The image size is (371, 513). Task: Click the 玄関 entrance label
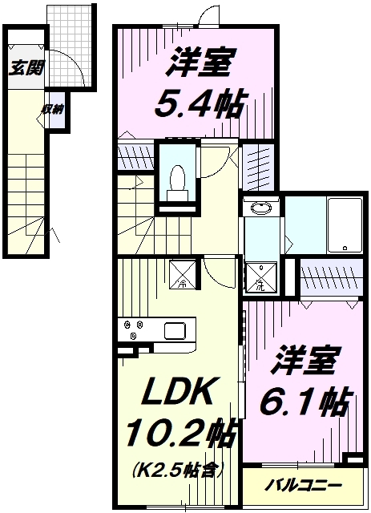(x=26, y=67)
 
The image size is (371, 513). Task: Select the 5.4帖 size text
(x=200, y=103)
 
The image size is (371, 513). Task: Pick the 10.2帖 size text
(x=179, y=434)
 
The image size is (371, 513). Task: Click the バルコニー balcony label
(x=303, y=485)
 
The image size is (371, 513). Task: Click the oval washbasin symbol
(x=260, y=208)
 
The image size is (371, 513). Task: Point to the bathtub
(x=345, y=225)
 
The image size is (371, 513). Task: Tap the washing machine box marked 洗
(x=260, y=277)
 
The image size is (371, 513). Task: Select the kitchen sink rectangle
(x=175, y=331)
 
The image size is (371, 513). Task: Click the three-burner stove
(x=134, y=329)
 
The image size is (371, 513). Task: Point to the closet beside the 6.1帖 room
(x=332, y=277)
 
